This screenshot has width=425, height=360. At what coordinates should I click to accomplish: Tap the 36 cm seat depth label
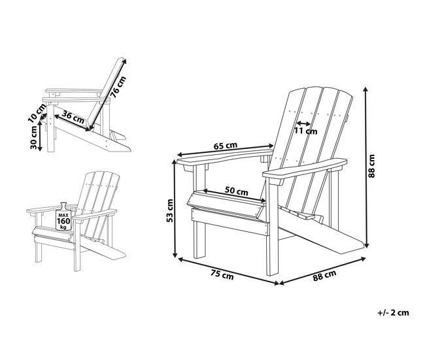tap(73, 117)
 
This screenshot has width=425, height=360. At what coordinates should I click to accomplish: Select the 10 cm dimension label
tap(37, 112)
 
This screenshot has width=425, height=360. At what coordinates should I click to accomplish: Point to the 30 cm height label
tap(34, 137)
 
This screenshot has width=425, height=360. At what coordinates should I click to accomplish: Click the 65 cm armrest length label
tap(226, 146)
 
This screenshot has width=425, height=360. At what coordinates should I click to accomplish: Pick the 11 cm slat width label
tap(306, 131)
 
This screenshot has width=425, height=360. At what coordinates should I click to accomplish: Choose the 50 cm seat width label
tap(236, 191)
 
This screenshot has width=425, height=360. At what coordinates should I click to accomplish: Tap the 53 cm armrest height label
tap(170, 210)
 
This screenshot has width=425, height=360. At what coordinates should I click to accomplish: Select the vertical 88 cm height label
tap(371, 166)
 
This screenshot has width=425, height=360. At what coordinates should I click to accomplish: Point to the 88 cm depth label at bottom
tap(324, 275)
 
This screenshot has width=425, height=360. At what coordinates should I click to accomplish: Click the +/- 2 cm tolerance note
tap(393, 312)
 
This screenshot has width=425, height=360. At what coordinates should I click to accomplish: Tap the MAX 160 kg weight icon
tap(63, 216)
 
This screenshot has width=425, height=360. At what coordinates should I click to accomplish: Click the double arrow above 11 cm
tap(303, 123)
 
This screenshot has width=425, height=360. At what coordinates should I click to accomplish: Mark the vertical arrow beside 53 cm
tap(175, 208)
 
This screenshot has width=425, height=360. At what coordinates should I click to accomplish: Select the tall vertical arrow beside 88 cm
tap(366, 167)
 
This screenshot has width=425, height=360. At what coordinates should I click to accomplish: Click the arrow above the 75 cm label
tap(228, 271)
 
